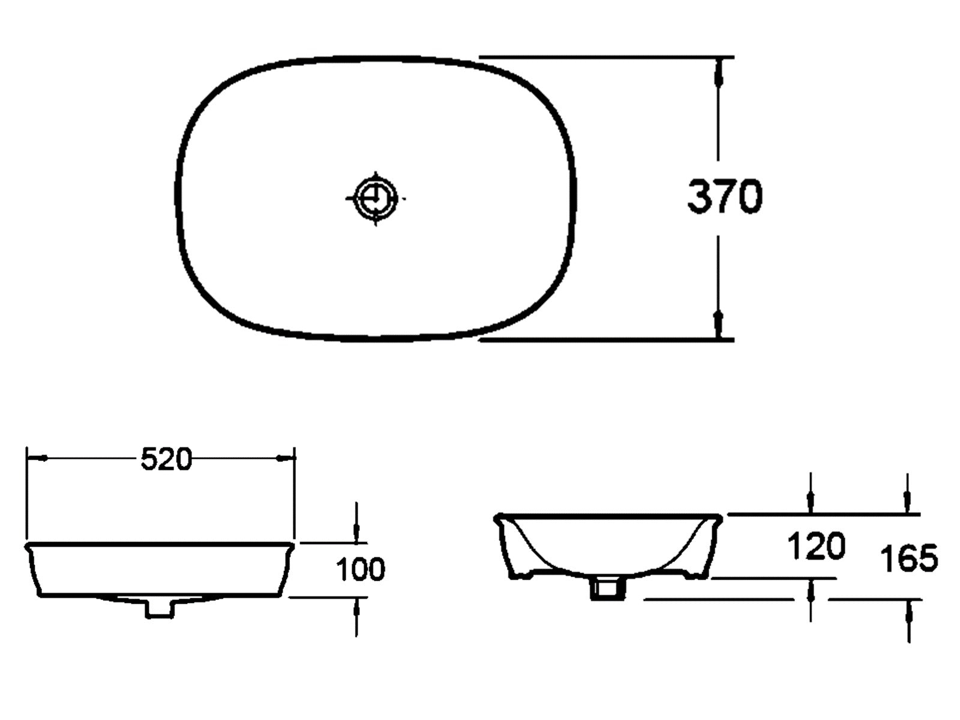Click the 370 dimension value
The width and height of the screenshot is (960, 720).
pyautogui.click(x=725, y=196)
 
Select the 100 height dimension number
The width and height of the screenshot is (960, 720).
pyautogui.click(x=361, y=569)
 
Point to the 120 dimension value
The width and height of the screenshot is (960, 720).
pyautogui.click(x=816, y=546)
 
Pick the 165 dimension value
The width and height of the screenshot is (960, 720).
pyautogui.click(x=909, y=558)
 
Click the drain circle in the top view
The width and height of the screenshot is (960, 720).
pyautogui.click(x=376, y=198)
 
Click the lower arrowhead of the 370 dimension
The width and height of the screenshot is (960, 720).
pyautogui.click(x=718, y=324)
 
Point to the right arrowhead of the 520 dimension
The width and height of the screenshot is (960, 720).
pyautogui.click(x=285, y=458)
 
